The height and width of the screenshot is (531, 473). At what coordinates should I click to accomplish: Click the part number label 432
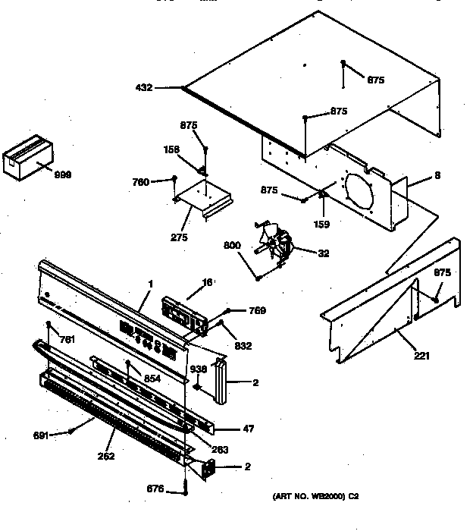point(144,88)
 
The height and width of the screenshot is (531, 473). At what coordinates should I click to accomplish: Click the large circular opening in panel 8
point(362,194)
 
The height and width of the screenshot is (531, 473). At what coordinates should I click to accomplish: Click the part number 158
point(172,149)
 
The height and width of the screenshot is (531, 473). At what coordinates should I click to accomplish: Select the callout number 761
point(68,339)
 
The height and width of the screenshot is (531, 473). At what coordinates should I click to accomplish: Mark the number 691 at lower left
point(42,435)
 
